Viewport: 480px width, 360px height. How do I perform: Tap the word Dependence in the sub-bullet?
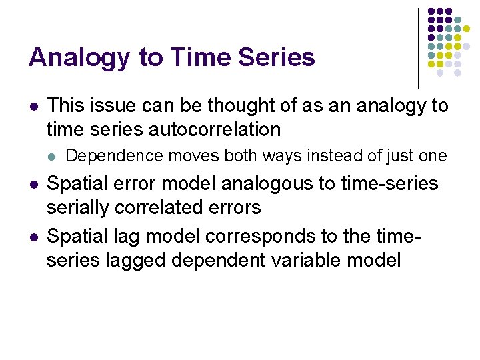[x=115, y=156]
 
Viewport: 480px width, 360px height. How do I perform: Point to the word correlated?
[x=163, y=207]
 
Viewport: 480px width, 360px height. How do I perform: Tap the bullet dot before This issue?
[x=33, y=106]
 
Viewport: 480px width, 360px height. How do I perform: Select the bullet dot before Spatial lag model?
[x=33, y=235]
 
